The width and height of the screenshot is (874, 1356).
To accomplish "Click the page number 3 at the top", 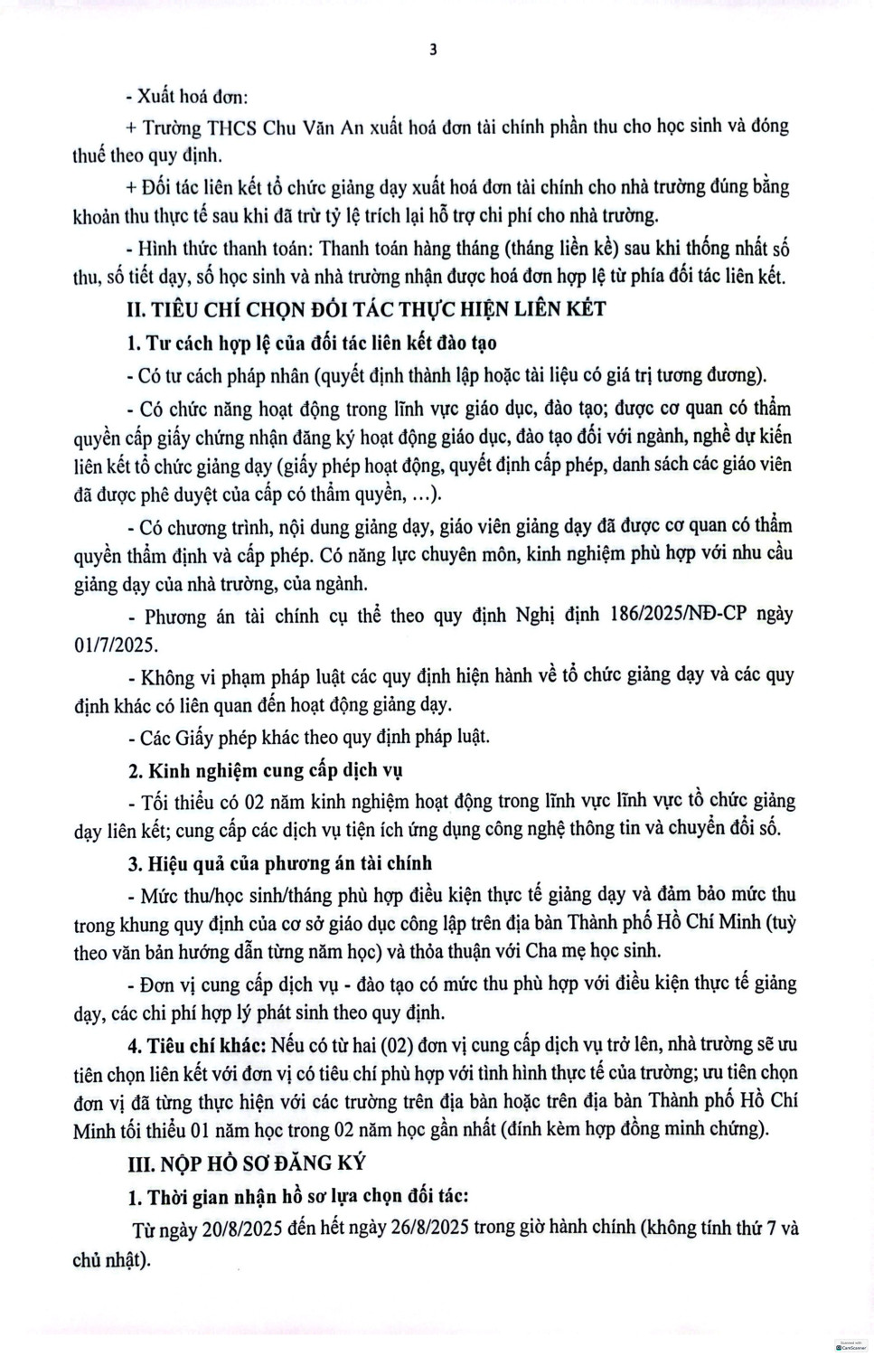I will tap(433, 51).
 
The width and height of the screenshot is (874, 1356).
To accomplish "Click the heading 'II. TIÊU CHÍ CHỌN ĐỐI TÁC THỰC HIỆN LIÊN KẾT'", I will tap(366, 308).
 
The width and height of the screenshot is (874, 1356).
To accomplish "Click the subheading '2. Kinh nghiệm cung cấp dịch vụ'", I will tap(265, 770).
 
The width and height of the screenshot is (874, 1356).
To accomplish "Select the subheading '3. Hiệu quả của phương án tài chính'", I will tap(279, 863).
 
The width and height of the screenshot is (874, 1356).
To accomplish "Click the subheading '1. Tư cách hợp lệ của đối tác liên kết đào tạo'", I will tap(312, 343).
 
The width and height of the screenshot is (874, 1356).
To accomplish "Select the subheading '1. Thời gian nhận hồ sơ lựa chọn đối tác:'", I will tap(297, 1197).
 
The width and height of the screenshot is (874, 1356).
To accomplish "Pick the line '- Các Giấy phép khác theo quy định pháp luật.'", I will tap(309, 737).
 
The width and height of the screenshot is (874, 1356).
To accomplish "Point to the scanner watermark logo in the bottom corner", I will tap(849, 1346).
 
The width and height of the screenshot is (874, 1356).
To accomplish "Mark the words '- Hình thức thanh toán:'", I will tap(221, 248).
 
